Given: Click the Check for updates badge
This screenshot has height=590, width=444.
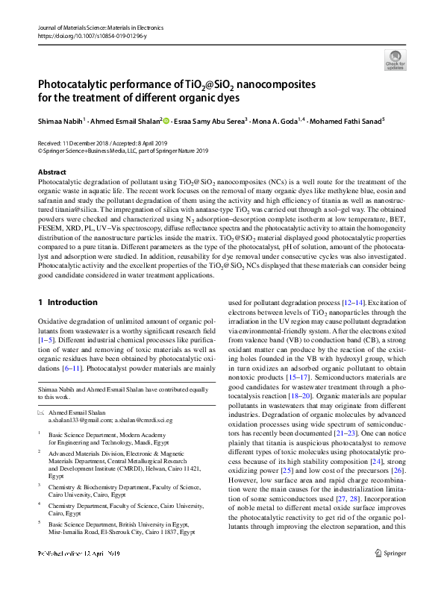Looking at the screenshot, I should [x=395, y=60].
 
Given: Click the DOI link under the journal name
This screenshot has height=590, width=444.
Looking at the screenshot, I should [x=87, y=35].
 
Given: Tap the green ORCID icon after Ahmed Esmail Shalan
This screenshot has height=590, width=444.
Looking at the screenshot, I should [x=166, y=119].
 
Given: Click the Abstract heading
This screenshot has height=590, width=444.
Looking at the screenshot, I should [x=52, y=172].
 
